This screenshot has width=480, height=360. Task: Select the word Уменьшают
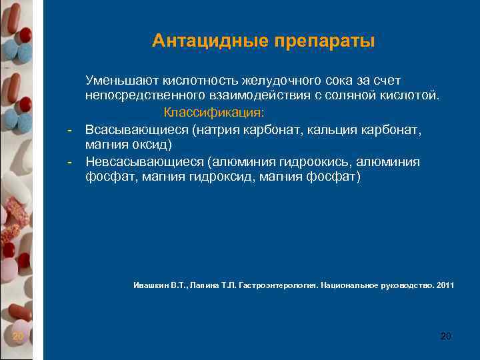[x=117, y=80]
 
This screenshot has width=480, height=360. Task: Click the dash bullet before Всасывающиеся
[x=69, y=129]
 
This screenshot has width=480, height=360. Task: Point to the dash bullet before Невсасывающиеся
[x=69, y=161]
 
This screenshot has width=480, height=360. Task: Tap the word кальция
[x=335, y=129]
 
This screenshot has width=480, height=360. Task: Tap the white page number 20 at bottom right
[x=446, y=336]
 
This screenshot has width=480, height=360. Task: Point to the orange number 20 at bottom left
[x=18, y=336]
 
